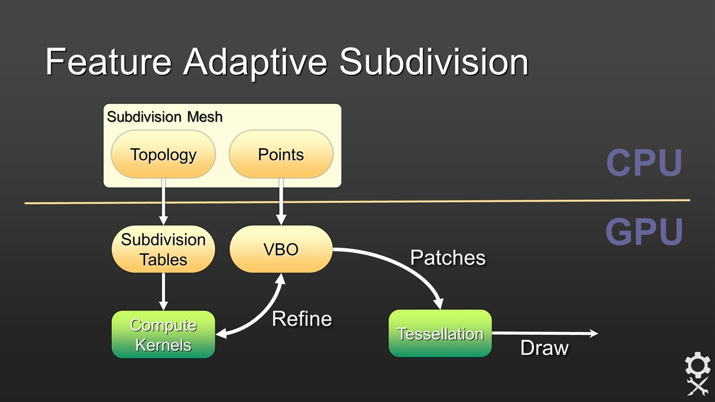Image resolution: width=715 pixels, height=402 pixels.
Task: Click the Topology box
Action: click(x=163, y=154)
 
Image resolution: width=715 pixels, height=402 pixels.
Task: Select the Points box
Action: click(x=281, y=154)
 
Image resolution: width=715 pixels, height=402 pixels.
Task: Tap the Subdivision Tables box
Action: click(x=163, y=249)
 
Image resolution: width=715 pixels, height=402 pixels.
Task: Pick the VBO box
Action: click(x=281, y=249)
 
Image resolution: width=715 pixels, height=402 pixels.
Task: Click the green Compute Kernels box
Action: click(x=163, y=334)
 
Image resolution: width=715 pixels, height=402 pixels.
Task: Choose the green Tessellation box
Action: click(x=440, y=334)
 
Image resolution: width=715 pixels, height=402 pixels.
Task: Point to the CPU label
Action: click(x=644, y=162)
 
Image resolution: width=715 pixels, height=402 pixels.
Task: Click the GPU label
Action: click(x=644, y=231)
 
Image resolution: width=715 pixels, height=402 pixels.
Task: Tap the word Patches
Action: click(x=447, y=257)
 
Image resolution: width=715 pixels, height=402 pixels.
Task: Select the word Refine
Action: click(x=302, y=319)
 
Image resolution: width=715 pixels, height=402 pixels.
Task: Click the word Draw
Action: click(x=544, y=348)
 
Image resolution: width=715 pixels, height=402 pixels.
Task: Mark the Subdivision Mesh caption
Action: click(x=165, y=117)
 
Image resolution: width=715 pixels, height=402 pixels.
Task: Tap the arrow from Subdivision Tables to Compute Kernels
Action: click(x=163, y=291)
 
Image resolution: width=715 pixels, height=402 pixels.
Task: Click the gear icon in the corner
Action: click(x=697, y=366)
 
